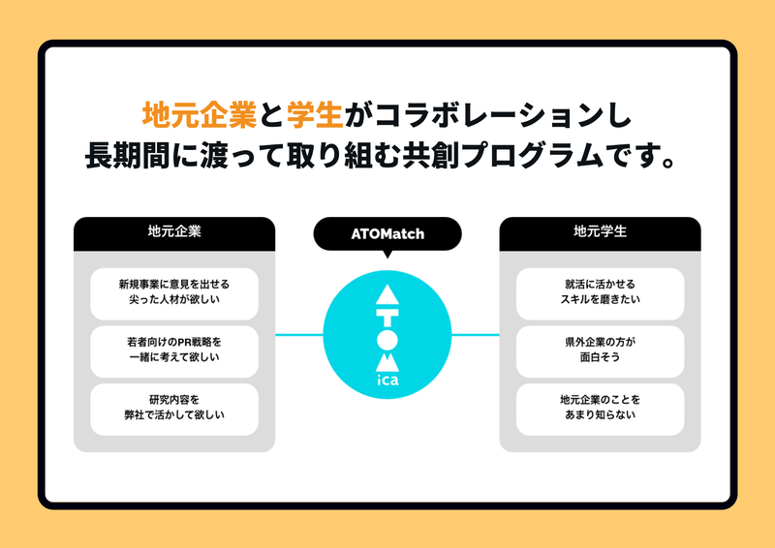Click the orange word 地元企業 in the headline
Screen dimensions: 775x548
click(x=200, y=114)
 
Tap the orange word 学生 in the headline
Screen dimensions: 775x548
click(x=315, y=114)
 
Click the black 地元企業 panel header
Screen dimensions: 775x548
click(x=174, y=233)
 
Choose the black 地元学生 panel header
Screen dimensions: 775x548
click(x=600, y=233)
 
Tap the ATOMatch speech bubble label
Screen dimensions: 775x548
click(x=387, y=233)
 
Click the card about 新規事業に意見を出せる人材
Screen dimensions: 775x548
click(x=174, y=293)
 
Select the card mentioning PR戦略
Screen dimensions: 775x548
click(x=174, y=351)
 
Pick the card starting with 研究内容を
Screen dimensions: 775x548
click(x=174, y=410)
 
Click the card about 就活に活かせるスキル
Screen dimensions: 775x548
click(x=600, y=293)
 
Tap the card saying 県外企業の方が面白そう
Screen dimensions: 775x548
click(x=600, y=351)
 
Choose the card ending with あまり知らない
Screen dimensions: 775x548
click(x=600, y=410)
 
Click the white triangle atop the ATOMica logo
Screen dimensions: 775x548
click(x=387, y=296)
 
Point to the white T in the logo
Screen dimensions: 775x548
click(x=387, y=319)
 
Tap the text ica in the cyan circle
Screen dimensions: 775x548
click(x=387, y=380)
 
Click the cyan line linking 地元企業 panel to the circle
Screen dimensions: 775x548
click(x=299, y=335)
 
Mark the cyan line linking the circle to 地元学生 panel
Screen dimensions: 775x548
click(x=476, y=335)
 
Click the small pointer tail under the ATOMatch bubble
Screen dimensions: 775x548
click(x=387, y=254)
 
